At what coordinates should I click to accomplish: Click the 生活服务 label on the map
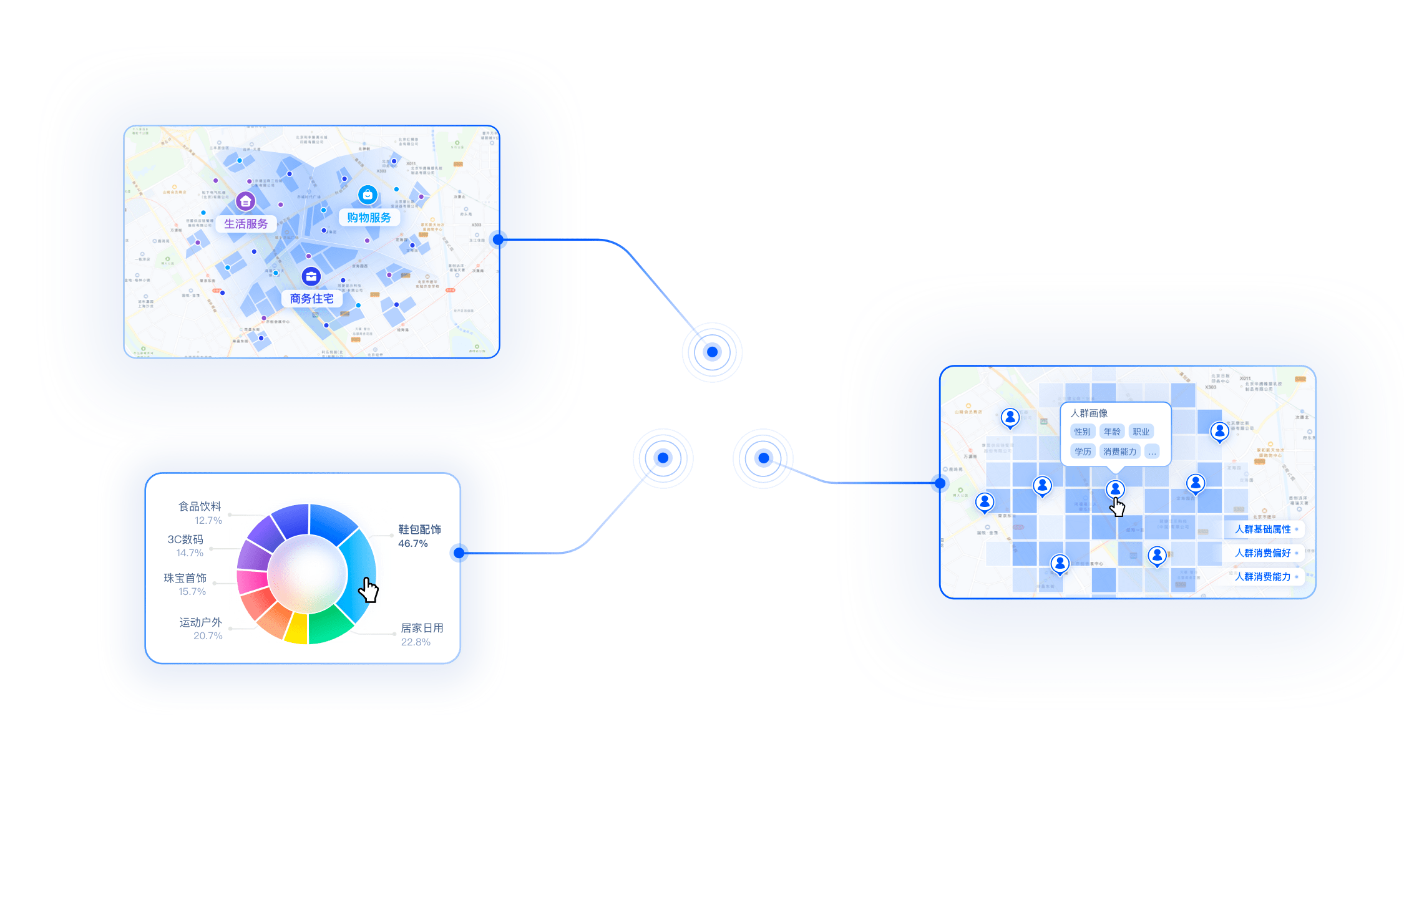tap(246, 224)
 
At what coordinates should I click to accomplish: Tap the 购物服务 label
tap(369, 218)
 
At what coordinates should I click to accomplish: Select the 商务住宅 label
tap(311, 299)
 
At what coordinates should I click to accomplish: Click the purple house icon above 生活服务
tap(246, 201)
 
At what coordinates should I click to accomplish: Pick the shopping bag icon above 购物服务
tap(368, 195)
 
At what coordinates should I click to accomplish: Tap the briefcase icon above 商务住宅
tap(311, 276)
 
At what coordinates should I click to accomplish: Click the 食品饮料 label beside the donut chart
tap(200, 506)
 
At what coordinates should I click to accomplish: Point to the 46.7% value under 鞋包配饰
tap(413, 544)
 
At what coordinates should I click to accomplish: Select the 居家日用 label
tap(422, 628)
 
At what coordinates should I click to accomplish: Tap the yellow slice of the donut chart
tap(296, 629)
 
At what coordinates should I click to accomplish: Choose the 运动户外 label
tap(200, 622)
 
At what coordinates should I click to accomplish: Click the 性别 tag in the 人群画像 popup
tap(1083, 432)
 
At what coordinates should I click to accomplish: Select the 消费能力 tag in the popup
tap(1120, 451)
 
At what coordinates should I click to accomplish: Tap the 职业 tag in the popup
tap(1141, 432)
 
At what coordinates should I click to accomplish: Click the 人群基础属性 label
tap(1263, 529)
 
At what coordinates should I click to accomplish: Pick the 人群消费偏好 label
tap(1263, 553)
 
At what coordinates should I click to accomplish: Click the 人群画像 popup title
tap(1090, 413)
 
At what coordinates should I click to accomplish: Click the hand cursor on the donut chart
tap(369, 589)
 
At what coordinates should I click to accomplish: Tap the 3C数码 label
tap(185, 539)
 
